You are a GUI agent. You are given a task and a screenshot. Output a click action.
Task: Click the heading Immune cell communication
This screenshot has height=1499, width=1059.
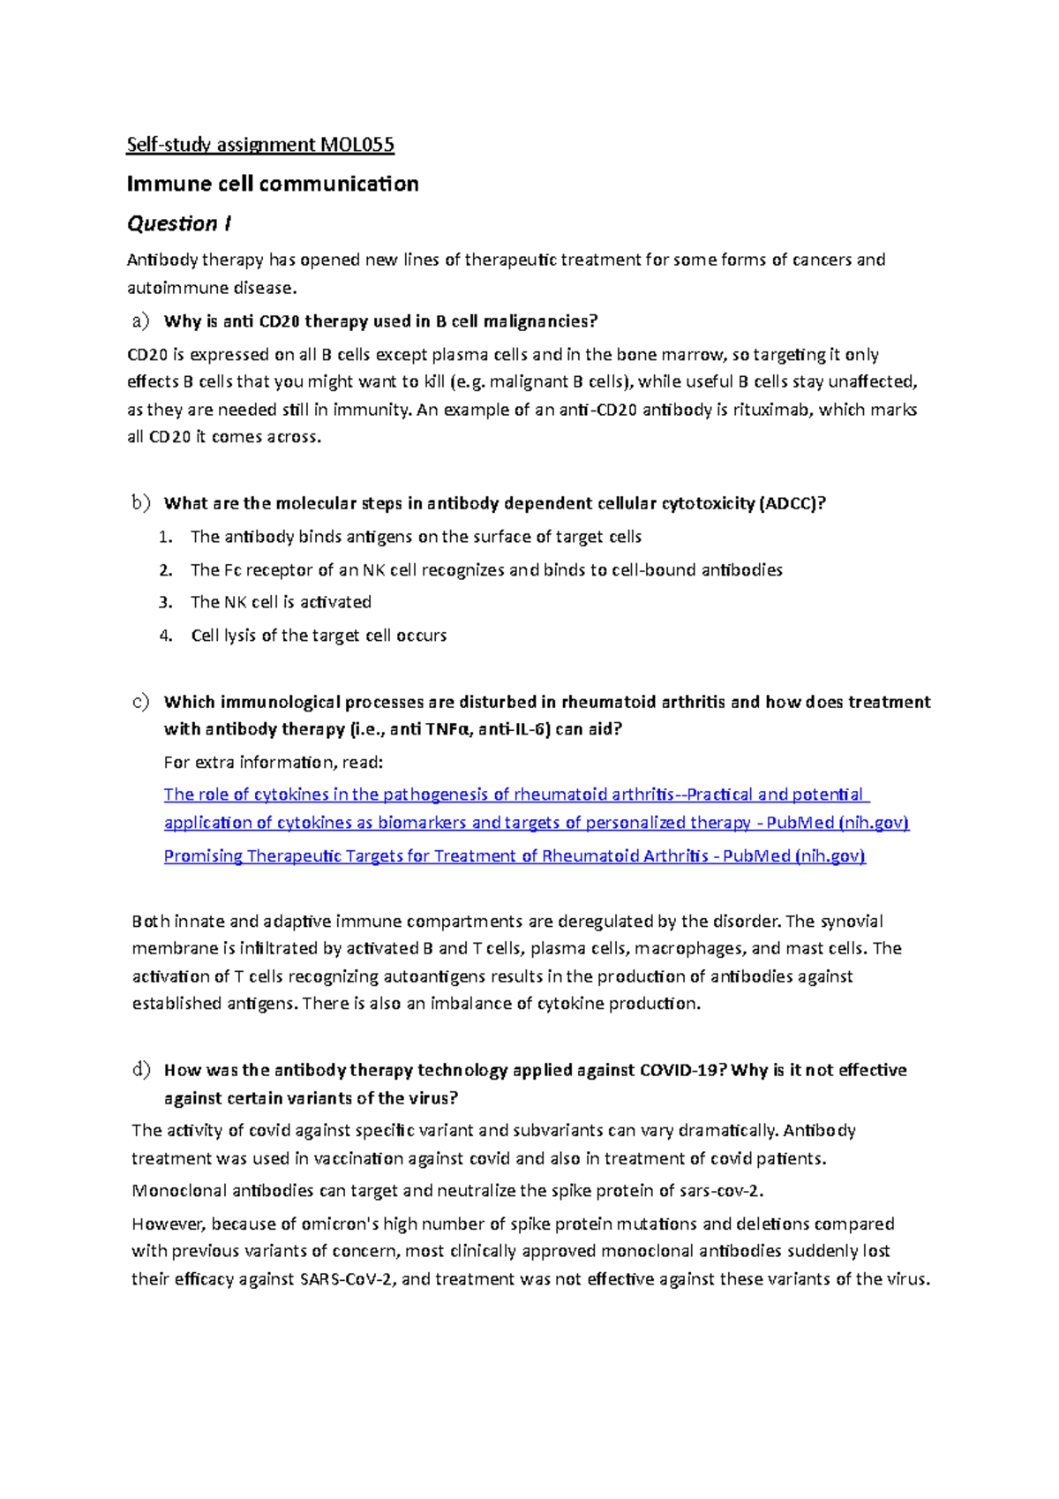(273, 184)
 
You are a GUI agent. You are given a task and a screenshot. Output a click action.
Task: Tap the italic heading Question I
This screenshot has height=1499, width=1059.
(179, 223)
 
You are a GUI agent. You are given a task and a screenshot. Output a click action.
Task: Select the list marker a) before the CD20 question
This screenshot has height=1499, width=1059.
(141, 320)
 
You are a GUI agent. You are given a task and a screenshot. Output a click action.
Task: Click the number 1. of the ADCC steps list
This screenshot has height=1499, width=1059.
(166, 537)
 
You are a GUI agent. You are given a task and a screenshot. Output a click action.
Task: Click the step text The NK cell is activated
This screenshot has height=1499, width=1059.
(281, 602)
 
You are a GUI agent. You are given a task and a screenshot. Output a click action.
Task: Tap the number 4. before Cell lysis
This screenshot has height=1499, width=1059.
(166, 636)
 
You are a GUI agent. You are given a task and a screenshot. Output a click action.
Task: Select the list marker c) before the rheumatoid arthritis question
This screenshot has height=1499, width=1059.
(141, 702)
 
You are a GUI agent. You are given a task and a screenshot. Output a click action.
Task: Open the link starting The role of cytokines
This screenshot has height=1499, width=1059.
(516, 795)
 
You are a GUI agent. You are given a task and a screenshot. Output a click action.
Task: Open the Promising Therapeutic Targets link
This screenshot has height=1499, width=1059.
(514, 856)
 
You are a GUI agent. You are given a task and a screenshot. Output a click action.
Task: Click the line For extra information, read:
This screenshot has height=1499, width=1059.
(274, 762)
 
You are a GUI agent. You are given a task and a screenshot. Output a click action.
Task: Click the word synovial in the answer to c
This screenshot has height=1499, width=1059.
(852, 922)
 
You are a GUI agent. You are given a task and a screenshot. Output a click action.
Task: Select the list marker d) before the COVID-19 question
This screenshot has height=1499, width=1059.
(141, 1070)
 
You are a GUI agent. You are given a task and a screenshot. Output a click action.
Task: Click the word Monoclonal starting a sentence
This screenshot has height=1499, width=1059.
(179, 1191)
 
